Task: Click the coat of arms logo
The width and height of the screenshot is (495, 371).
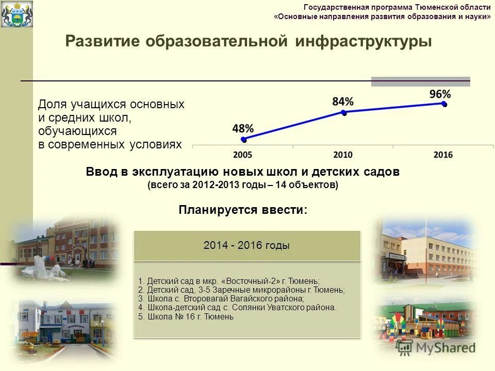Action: point(16,13)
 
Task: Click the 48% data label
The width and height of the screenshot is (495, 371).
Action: point(242,128)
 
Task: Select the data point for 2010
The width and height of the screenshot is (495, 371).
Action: point(344,112)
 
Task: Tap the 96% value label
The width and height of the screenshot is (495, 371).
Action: point(440,94)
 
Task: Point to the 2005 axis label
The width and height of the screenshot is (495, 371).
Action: point(242,155)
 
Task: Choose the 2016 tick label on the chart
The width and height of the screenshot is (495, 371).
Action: point(443,155)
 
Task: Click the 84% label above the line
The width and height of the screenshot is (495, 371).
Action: point(343,102)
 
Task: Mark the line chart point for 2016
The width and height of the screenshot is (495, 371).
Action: point(444,104)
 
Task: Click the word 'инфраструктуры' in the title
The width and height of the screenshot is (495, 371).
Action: point(364,42)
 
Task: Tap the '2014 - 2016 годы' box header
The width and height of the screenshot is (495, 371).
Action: point(247,246)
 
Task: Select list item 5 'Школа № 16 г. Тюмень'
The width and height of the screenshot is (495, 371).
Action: point(186,317)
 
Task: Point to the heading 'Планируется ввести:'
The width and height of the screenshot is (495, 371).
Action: point(243,210)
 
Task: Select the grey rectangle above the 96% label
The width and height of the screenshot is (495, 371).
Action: point(421,81)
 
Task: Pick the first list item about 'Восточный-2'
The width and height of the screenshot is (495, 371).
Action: point(229,281)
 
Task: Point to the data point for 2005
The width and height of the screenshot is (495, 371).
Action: point(244,139)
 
